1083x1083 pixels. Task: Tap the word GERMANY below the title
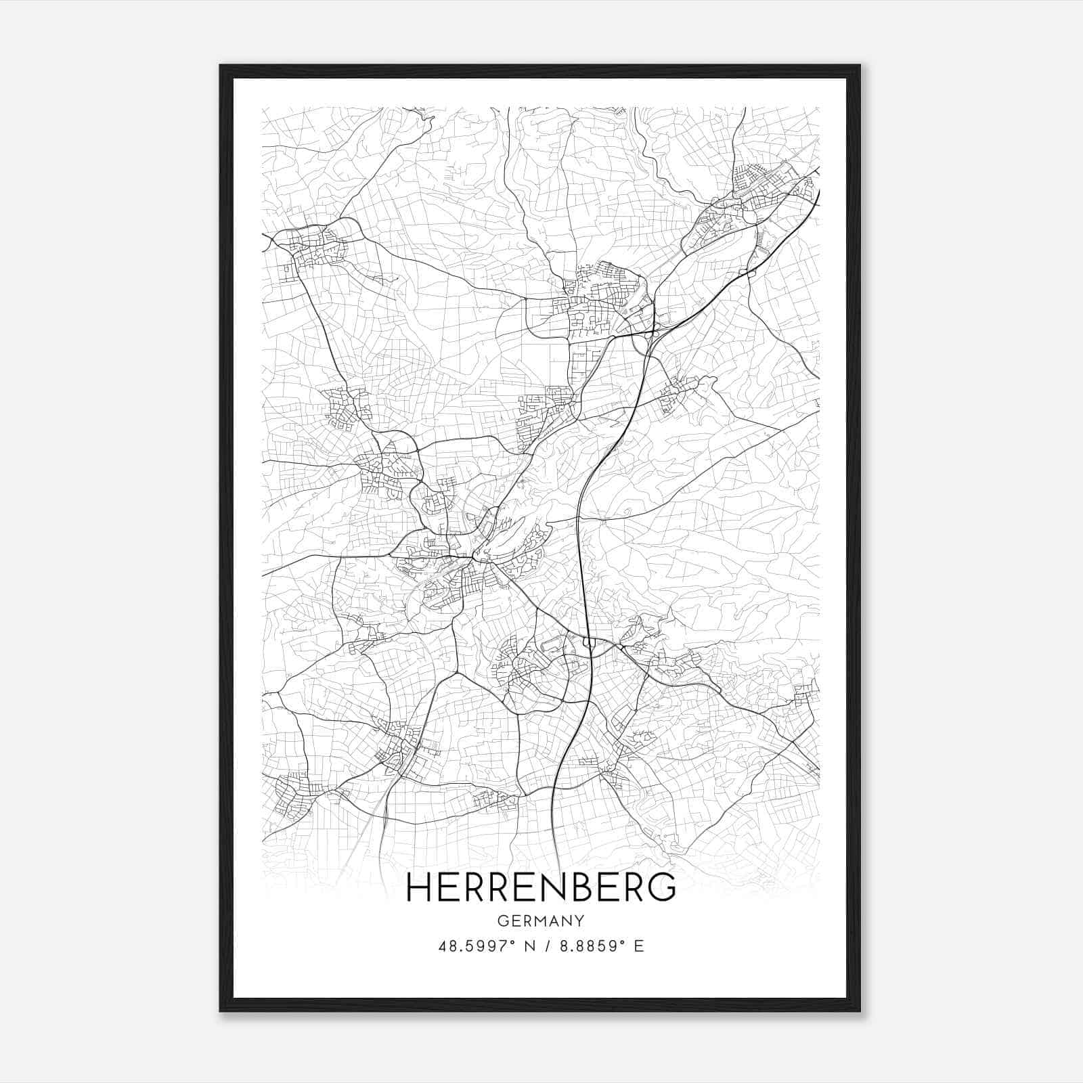541,921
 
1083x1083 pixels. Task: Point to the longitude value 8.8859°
589,946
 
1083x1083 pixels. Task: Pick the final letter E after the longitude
638,946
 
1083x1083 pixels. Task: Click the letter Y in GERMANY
579,921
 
